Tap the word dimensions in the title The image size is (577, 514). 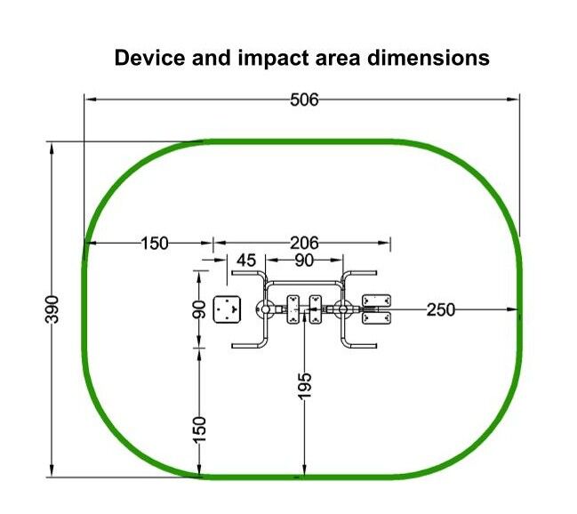(429, 58)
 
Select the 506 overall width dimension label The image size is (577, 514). (304, 100)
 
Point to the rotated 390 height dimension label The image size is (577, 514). (52, 309)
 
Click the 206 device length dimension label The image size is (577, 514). (304, 243)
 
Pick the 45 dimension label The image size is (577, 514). (246, 261)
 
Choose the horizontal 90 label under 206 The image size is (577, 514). (304, 261)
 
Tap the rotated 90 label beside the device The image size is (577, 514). (199, 309)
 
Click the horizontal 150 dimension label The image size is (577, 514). (155, 244)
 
